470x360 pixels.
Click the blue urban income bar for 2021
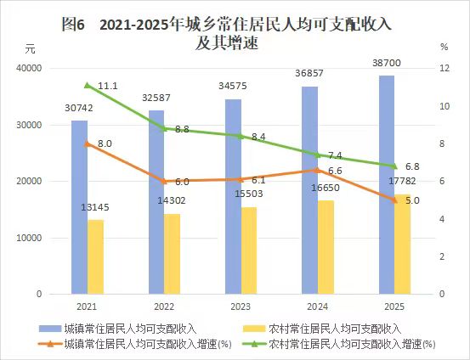pyautogui.click(x=79, y=207)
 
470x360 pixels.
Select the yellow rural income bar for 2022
pyautogui.click(x=172, y=254)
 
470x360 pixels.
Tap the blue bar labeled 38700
pyautogui.click(x=387, y=185)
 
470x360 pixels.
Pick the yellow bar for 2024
pyautogui.click(x=326, y=247)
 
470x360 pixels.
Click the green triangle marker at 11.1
pyautogui.click(x=88, y=86)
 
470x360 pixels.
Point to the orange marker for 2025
pyautogui.click(x=394, y=200)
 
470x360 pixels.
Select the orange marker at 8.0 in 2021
pyautogui.click(x=88, y=143)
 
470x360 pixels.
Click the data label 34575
pyautogui.click(x=233, y=87)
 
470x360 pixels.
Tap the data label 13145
pyautogui.click(x=95, y=207)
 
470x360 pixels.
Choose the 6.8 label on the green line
pyautogui.click(x=412, y=166)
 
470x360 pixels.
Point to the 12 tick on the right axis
pyautogui.click(x=445, y=68)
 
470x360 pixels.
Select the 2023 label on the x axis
pyautogui.click(x=241, y=307)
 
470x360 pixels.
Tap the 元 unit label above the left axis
pyautogui.click(x=30, y=48)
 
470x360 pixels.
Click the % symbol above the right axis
pyautogui.click(x=445, y=48)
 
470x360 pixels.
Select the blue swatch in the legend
pyautogui.click(x=50, y=329)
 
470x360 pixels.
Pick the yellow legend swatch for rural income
pyautogui.click(x=254, y=329)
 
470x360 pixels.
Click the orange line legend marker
pyautogui.click(x=50, y=344)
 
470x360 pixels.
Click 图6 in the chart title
pyautogui.click(x=74, y=25)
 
